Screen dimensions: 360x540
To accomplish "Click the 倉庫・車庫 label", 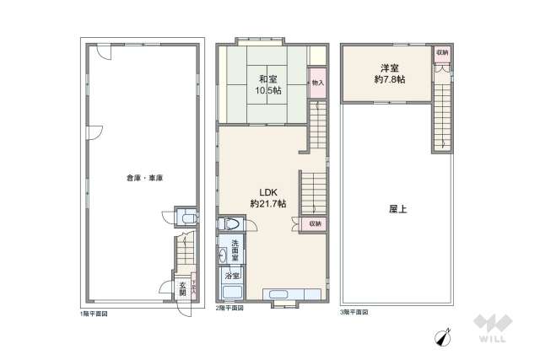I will pos(144,178).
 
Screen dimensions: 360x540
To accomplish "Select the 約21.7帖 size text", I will pos(267,204).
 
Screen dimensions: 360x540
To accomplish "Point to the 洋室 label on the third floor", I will pos(389,67).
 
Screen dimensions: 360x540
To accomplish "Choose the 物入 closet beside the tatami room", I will pos(316,83).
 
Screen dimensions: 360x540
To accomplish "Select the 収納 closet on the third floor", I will pos(442,52).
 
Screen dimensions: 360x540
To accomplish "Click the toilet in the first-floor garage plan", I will pos(187,218).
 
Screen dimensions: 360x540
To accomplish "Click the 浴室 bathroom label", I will pos(231,276).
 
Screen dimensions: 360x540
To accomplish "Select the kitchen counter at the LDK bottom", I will pos(292,293).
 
